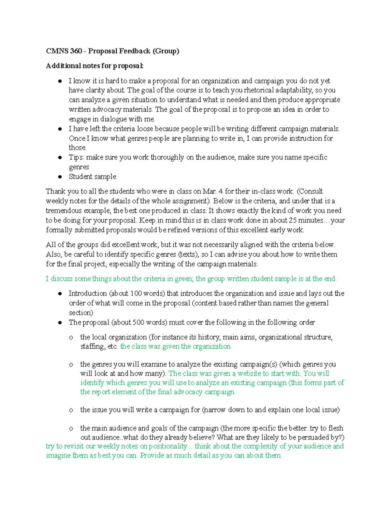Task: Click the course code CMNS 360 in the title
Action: coord(64,51)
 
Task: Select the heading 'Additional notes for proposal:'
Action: coord(94,66)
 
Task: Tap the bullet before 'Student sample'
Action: coord(60,177)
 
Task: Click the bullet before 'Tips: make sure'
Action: coord(60,157)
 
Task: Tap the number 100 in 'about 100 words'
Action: coord(136,293)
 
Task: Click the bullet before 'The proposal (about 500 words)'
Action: coord(60,323)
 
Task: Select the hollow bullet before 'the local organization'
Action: coord(71,338)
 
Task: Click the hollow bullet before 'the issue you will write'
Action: coord(71,410)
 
